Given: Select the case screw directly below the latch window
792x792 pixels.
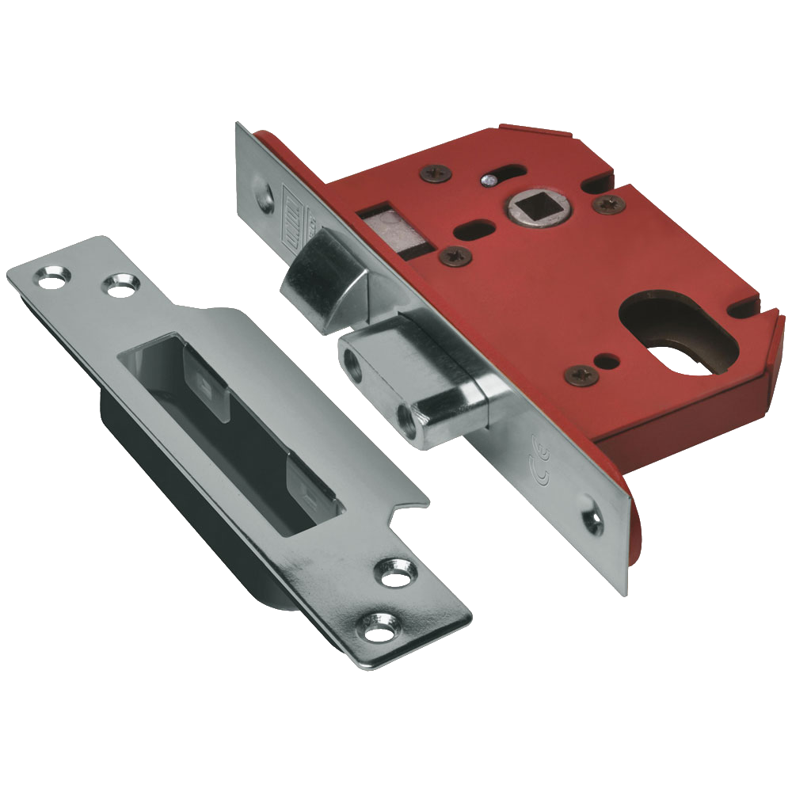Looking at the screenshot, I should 455,255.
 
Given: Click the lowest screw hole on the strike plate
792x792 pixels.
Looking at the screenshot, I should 371,626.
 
